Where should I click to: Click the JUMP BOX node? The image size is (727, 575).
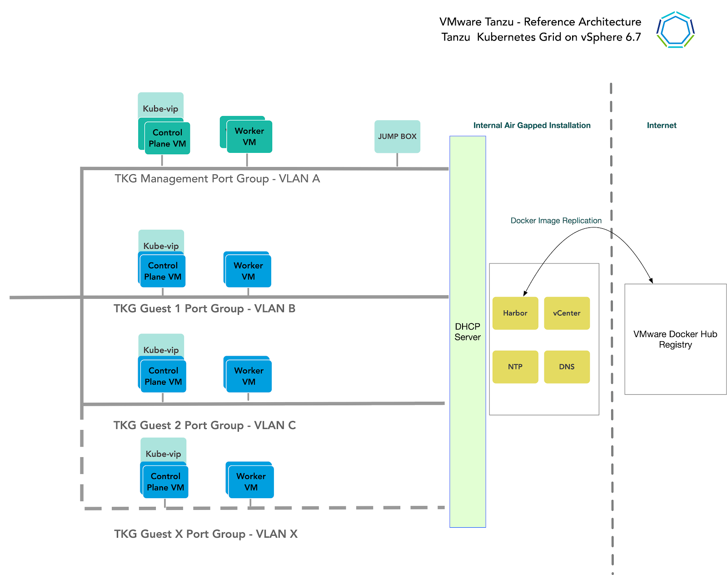[x=397, y=136]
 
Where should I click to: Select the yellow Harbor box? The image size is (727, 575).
[x=515, y=313]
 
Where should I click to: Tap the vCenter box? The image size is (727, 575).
[x=567, y=313]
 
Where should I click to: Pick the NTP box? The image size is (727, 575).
[x=515, y=367]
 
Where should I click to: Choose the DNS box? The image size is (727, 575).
[x=567, y=367]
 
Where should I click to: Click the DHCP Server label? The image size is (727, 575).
[x=468, y=332]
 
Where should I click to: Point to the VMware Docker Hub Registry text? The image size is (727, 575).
[x=675, y=339]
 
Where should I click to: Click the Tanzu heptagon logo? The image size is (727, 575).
[x=675, y=30]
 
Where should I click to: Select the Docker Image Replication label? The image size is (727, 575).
[x=556, y=221]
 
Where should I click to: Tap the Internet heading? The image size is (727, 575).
[x=661, y=126]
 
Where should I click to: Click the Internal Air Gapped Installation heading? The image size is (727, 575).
[x=532, y=126]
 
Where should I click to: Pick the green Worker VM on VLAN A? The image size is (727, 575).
[x=249, y=136]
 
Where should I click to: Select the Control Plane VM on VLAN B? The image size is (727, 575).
[x=163, y=271]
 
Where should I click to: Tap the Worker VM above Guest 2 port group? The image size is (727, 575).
[x=249, y=376]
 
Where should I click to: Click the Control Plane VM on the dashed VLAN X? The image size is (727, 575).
[x=165, y=482]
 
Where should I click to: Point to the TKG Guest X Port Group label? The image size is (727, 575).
[x=205, y=534]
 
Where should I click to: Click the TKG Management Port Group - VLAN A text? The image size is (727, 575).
[x=217, y=179]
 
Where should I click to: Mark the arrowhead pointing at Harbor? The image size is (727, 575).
[x=525, y=293]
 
